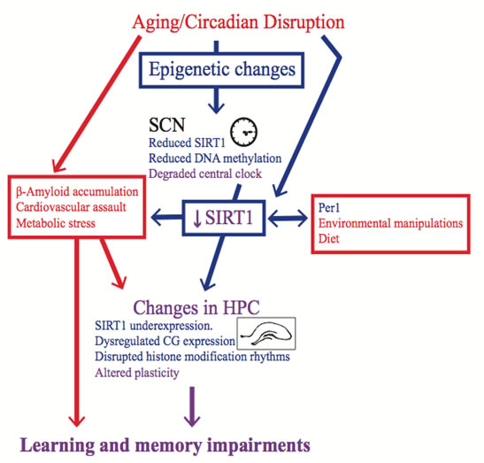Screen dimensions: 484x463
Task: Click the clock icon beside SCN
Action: (x=244, y=132)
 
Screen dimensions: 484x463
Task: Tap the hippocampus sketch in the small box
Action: (x=266, y=334)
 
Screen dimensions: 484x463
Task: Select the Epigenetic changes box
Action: (x=221, y=70)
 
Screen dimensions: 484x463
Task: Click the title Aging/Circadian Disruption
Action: (x=238, y=22)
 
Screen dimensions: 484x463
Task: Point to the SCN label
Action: (x=166, y=125)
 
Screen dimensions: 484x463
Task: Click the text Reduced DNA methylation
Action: (x=215, y=158)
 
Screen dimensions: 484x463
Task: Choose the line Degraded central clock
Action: (x=205, y=174)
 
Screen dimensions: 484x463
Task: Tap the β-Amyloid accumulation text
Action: (x=77, y=192)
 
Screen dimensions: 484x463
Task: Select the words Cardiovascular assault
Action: (x=71, y=207)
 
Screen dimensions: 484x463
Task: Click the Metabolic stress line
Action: (x=56, y=223)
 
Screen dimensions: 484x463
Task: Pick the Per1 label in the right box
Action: (x=329, y=207)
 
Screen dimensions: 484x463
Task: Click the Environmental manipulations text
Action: (x=391, y=223)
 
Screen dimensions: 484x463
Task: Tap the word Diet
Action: (x=329, y=238)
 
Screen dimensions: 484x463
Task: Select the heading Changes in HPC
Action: (x=196, y=308)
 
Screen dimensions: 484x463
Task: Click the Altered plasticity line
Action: (x=137, y=373)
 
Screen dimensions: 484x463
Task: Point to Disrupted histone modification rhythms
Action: (x=192, y=357)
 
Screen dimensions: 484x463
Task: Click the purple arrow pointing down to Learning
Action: (x=192, y=406)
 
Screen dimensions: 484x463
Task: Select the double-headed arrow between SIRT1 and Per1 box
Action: (x=288, y=219)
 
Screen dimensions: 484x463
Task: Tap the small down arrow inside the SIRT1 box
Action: (x=197, y=219)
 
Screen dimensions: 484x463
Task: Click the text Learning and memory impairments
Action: (x=165, y=445)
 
